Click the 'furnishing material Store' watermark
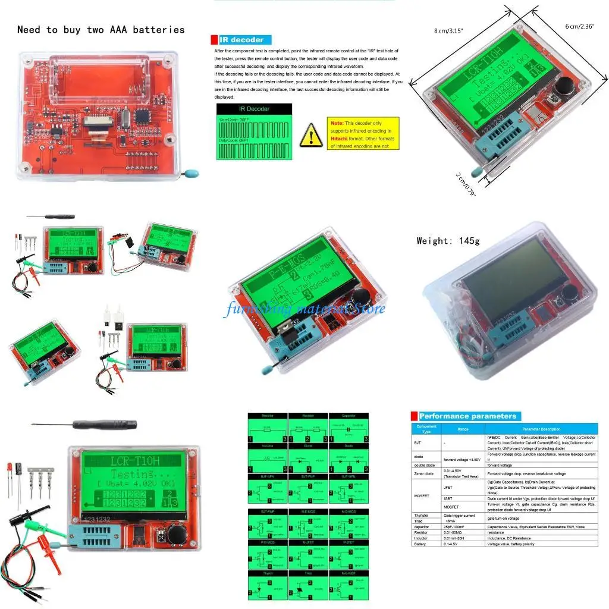pos(304,308)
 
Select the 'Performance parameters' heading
pos(467,416)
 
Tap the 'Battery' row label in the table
pos(422,544)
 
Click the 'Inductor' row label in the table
pos(422,538)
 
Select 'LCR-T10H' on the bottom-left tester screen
pos(134,460)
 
